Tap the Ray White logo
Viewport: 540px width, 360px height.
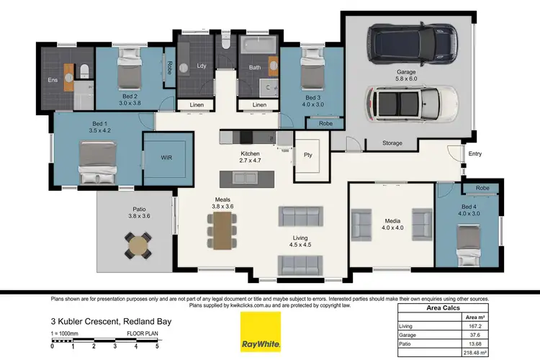(x=260, y=334)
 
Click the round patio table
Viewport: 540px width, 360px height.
(x=137, y=246)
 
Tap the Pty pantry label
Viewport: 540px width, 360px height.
(x=307, y=154)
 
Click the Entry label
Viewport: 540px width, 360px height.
(x=475, y=154)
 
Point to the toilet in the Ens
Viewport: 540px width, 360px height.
(x=84, y=71)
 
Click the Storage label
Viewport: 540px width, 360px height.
(x=392, y=143)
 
